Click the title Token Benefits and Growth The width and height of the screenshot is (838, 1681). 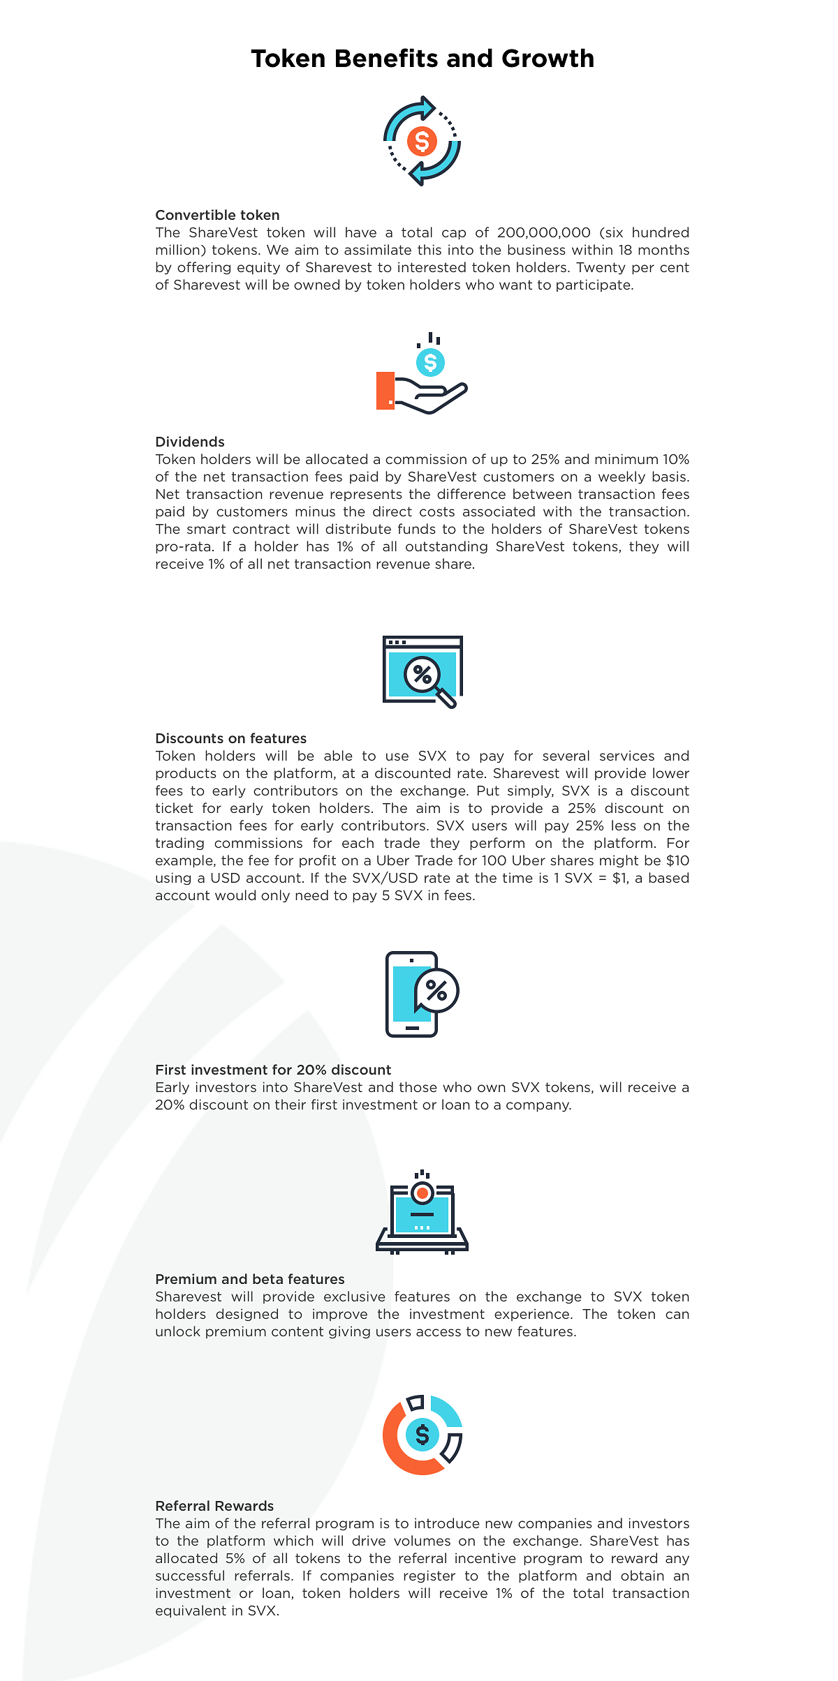point(422,59)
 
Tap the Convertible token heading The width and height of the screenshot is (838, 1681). point(217,215)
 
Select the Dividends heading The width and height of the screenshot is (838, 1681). point(190,442)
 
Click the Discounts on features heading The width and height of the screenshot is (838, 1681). point(230,738)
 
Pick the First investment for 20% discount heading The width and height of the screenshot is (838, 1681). point(273,1070)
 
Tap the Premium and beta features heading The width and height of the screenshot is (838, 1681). point(250,1279)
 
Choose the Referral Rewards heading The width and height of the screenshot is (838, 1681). point(214,1506)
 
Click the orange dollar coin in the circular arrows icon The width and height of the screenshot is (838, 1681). point(422,142)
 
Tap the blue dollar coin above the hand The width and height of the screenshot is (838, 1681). point(430,362)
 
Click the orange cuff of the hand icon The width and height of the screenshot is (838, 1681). point(385,391)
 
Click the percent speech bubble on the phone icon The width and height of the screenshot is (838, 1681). point(436,990)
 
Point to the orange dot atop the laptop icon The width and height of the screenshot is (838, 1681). point(422,1193)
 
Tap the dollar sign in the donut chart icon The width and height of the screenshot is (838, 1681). point(422,1435)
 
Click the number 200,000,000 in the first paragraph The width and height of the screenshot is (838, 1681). point(544,232)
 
